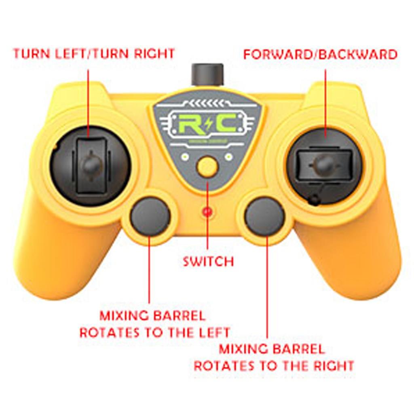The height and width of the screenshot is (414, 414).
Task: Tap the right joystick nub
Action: click(324, 164)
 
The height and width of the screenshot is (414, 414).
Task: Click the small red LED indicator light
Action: click(207, 211)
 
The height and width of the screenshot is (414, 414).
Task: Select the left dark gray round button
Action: click(150, 217)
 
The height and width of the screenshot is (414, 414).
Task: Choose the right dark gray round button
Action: click(265, 217)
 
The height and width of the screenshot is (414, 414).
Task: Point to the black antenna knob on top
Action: click(207, 74)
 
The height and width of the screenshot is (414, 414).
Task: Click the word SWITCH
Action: click(208, 261)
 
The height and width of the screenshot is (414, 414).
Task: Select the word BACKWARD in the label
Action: click(357, 55)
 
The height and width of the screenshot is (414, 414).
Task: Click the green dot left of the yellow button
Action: click(186, 157)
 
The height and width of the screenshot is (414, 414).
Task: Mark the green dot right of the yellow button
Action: click(229, 157)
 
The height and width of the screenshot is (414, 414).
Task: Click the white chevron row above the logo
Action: click(207, 103)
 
